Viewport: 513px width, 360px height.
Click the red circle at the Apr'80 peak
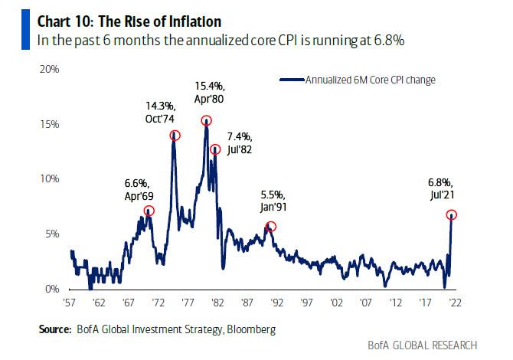click(207, 120)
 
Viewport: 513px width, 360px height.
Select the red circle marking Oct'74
click(175, 136)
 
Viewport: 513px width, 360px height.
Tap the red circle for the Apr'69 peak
click(149, 211)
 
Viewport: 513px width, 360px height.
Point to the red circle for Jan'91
click(270, 226)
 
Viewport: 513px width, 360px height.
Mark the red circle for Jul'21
click(453, 216)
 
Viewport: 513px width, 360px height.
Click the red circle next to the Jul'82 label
click(216, 149)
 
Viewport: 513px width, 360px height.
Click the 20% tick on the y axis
click(51, 69)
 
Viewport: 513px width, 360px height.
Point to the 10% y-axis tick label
click(51, 178)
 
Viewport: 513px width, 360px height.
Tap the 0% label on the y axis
click(53, 289)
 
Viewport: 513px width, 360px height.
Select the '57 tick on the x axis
click(71, 303)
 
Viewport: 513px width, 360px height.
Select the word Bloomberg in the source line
click(244, 330)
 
